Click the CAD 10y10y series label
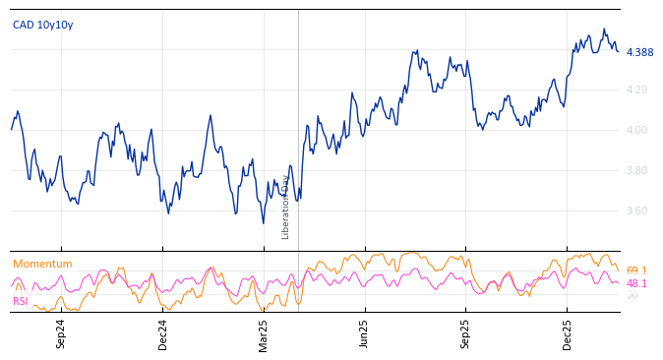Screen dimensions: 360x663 [x=42, y=26]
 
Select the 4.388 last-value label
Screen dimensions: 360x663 [x=639, y=53]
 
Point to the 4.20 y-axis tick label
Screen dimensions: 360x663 [x=637, y=90]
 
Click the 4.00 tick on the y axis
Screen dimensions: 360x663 [x=637, y=130]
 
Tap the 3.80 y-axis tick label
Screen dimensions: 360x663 [x=637, y=170]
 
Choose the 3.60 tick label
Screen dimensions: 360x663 [x=637, y=210]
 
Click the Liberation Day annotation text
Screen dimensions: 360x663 [x=286, y=207]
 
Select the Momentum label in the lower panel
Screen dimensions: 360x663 [x=42, y=265]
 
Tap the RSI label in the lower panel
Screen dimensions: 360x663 [x=21, y=301]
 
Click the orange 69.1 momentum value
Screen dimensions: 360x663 [x=636, y=270]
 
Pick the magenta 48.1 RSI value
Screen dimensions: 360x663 [x=636, y=283]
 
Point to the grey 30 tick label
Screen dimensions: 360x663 [x=632, y=295]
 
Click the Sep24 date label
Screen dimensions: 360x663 [x=61, y=333]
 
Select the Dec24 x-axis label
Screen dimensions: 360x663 [x=163, y=333]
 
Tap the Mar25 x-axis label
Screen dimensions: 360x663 [x=264, y=333]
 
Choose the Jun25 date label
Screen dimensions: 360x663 [x=365, y=333]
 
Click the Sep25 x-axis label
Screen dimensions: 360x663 [x=466, y=333]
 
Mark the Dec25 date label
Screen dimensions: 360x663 [x=568, y=333]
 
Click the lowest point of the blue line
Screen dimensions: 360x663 [x=264, y=223]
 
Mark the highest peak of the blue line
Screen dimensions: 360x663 [x=604, y=30]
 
